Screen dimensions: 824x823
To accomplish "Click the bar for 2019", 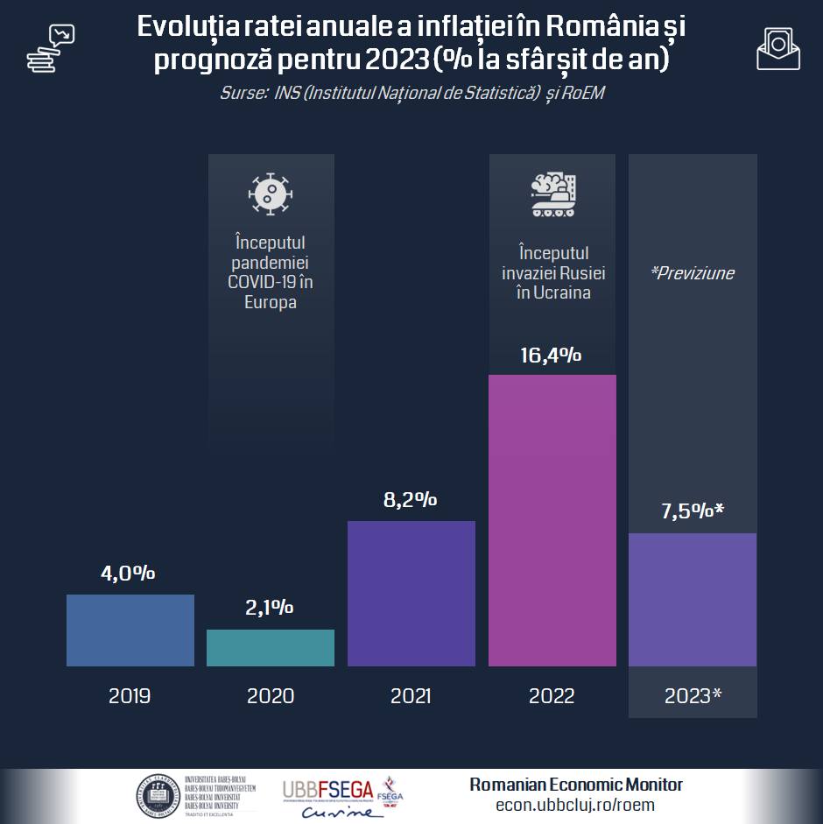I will click(x=130, y=630).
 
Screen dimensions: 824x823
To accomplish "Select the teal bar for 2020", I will click(x=271, y=648).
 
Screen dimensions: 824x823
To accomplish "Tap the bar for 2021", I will click(x=411, y=594).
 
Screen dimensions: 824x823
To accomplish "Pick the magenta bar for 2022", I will click(x=552, y=520).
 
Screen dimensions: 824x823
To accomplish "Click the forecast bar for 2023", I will click(x=693, y=600).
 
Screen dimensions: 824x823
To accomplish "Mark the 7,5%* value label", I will click(x=692, y=511).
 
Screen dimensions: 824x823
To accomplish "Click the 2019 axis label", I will click(x=130, y=696).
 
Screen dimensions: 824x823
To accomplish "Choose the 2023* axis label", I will click(x=693, y=696).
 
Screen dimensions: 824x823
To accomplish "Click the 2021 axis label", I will click(x=411, y=696).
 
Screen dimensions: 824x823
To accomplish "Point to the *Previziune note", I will click(x=692, y=273).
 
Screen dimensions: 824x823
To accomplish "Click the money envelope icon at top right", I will click(x=777, y=49).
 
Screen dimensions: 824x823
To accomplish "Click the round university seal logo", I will click(x=157, y=795).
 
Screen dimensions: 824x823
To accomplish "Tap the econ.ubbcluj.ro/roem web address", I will click(x=575, y=806).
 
